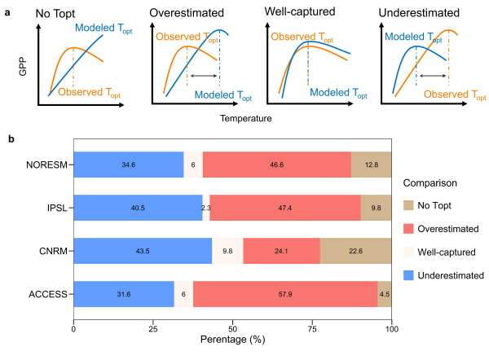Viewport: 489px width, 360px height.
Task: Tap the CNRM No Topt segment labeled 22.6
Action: (x=355, y=251)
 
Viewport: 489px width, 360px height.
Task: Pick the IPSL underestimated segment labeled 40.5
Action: (x=135, y=209)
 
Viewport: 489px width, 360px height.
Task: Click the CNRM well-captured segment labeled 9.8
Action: (x=227, y=251)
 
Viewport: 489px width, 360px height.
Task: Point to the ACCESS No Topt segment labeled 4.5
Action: (x=384, y=293)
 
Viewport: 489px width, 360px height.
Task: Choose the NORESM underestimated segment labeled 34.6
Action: (x=128, y=165)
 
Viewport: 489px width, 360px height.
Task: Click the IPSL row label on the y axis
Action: (x=56, y=209)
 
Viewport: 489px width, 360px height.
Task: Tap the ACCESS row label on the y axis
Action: (x=51, y=293)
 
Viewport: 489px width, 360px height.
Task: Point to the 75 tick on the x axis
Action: (x=312, y=322)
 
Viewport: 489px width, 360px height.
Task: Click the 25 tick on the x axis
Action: (x=153, y=322)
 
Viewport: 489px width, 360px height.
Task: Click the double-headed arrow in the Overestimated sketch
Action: (x=204, y=75)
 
